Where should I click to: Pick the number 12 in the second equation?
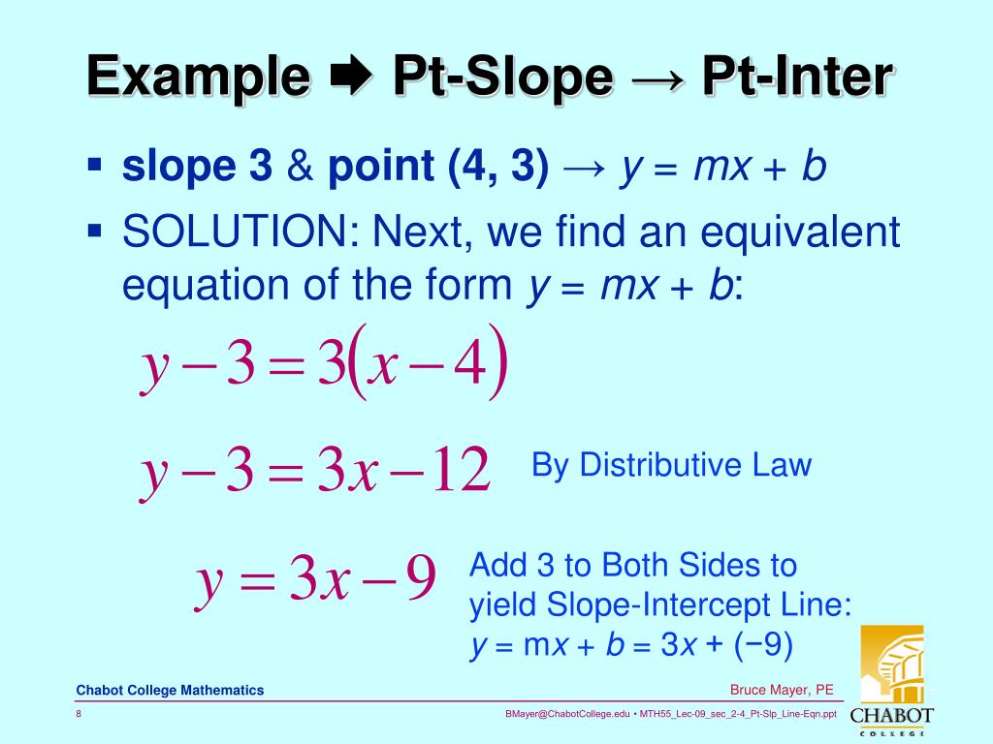[x=462, y=471]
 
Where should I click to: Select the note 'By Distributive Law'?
[x=671, y=466]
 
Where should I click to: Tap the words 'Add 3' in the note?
[x=511, y=565]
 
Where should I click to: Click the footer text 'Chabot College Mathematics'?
[x=170, y=691]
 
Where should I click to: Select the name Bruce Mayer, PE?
[x=782, y=690]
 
